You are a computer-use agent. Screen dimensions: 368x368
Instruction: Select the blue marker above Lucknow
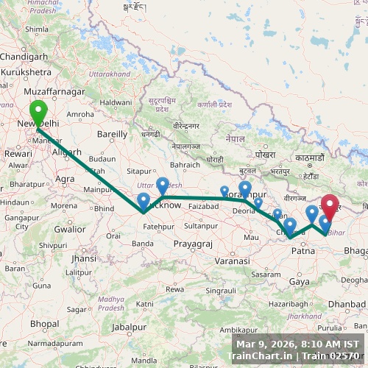pos(162,184)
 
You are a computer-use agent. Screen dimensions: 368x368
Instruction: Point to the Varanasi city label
pos(233,261)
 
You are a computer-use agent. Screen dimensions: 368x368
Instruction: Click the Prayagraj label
pos(193,244)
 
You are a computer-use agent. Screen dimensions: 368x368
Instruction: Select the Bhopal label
pos(44,324)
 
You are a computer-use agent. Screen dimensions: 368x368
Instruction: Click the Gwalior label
pos(70,229)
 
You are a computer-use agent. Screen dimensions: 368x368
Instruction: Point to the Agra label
pos(65,179)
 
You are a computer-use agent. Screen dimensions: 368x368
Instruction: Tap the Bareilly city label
pos(112,134)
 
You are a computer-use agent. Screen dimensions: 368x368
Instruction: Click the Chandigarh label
pos(24,56)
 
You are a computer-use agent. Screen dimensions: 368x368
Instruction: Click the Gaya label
pos(299,282)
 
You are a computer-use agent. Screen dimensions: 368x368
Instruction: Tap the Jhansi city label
pos(83,259)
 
